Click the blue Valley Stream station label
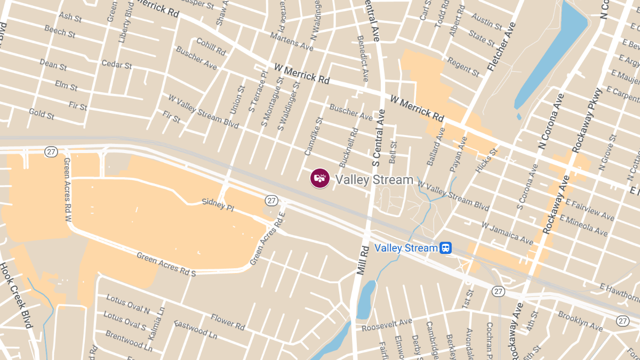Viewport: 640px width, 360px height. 406,248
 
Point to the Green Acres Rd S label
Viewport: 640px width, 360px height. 166,264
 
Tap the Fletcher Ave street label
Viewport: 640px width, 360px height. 502,47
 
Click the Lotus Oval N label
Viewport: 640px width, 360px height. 128,303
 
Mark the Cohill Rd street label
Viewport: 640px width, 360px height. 211,46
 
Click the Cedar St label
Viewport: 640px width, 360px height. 117,65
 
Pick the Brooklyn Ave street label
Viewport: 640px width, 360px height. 580,320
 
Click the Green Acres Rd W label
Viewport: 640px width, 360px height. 67,186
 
